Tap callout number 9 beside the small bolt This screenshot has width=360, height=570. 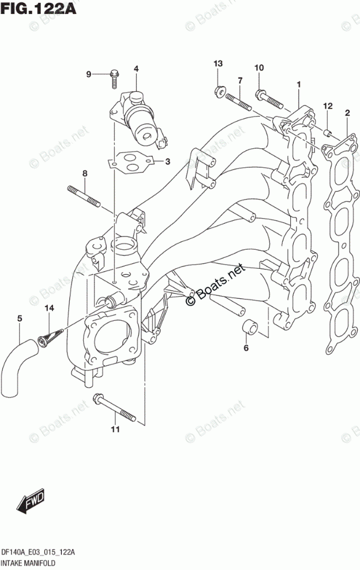coord(89,74)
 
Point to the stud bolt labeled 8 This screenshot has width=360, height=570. coord(84,196)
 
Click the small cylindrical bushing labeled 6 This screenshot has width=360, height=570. coord(249,327)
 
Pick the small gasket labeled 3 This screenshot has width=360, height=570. coord(133,162)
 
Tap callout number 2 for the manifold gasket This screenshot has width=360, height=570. coord(347,112)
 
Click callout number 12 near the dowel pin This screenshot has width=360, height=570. coord(328,106)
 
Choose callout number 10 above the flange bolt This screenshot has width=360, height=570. coord(259,68)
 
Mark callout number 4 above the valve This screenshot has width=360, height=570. coord(136,69)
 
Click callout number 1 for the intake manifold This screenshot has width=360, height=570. coord(299,85)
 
